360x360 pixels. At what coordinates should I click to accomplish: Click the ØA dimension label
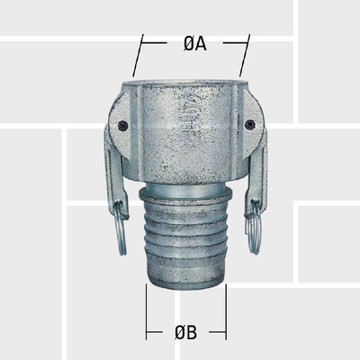190,43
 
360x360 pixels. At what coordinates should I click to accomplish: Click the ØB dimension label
186,333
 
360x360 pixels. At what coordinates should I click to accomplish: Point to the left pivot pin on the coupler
123,126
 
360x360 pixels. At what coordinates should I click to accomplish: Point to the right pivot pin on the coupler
249,125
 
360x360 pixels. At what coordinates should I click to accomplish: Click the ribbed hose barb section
186,243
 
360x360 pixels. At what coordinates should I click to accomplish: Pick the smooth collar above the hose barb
186,197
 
